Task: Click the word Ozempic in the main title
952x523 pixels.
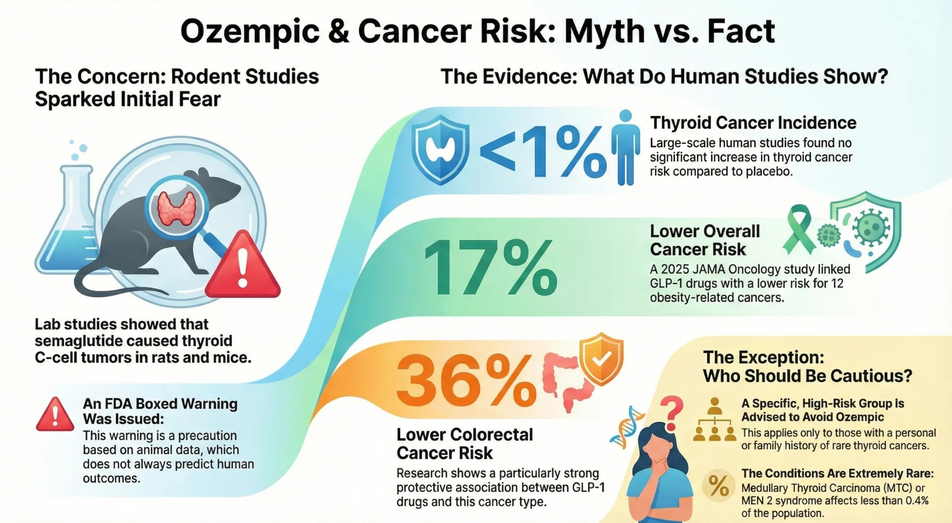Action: point(250,32)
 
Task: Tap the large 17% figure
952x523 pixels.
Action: point(491,267)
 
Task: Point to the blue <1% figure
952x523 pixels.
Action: point(543,151)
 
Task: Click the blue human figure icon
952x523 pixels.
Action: point(625,148)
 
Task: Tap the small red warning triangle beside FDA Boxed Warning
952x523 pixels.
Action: point(55,415)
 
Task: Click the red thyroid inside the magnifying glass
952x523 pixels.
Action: point(177,208)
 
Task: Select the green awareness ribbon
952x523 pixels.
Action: point(798,229)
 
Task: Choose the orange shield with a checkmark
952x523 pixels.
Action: point(601,359)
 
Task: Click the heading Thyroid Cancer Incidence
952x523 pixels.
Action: point(753,123)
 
